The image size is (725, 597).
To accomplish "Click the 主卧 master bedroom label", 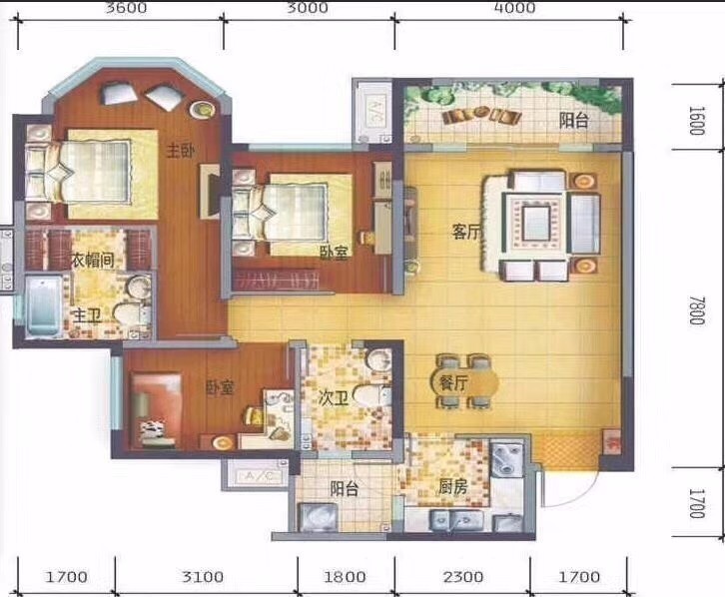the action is pos(181,151).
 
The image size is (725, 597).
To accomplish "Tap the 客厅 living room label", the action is pos(466,232).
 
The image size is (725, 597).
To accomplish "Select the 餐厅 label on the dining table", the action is pos(453,383).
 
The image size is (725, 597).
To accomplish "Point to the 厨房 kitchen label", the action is pos(452,486).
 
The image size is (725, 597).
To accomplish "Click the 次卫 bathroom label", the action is pos(333,398).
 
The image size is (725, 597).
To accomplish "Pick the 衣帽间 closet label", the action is pos(93,261).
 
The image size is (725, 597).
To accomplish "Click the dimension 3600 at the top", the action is pos(126,8).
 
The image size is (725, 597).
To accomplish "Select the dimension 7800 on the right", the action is pos(697,310).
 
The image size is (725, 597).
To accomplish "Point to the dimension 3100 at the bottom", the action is pos(203,576).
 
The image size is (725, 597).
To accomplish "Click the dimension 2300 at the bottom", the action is pos(462,576).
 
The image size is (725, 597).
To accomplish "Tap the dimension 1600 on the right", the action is pos(697,121).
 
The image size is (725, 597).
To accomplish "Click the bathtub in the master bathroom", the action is pos(43,304).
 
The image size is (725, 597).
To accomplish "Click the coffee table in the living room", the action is pos(536,223).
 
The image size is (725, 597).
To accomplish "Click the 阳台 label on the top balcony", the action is pos(573,120).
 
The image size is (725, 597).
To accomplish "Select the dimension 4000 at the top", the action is pos(515,8).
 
